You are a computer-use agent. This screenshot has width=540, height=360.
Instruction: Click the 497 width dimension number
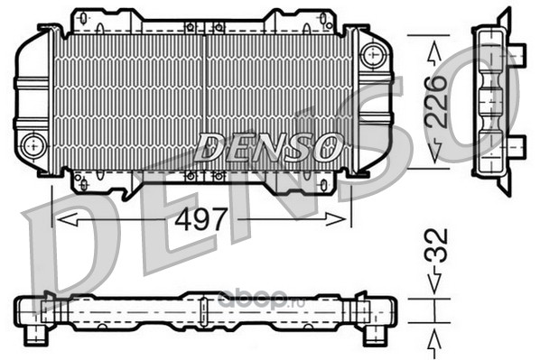[200, 219]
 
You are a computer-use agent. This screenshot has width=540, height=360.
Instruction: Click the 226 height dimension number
[435, 102]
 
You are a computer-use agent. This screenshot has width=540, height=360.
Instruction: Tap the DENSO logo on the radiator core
[268, 147]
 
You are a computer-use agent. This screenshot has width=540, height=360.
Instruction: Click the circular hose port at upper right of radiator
[373, 55]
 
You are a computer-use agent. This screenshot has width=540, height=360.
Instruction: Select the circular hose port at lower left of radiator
[33, 146]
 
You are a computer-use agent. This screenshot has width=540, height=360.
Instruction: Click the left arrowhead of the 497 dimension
[68, 219]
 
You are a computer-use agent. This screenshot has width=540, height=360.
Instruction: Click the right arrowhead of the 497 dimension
[335, 219]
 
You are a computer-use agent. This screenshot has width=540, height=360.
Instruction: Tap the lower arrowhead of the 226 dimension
[435, 151]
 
